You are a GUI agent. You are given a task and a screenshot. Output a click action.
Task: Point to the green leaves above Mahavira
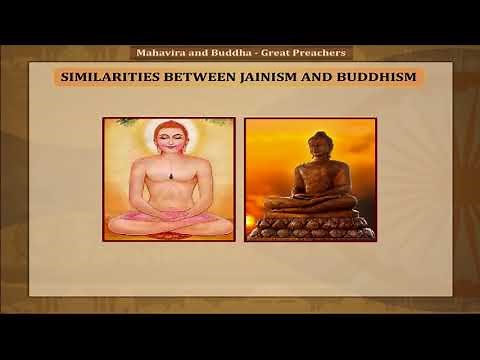click(x=125, y=123)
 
